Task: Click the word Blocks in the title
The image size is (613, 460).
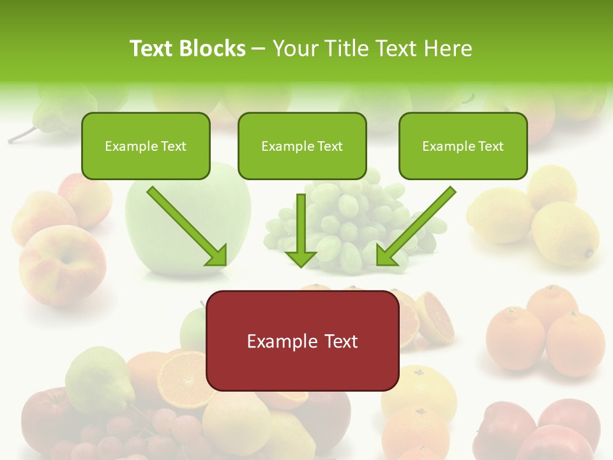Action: click(213, 49)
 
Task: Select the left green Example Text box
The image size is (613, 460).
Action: click(146, 146)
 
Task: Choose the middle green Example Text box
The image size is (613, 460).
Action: click(302, 146)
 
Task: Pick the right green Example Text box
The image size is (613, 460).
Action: click(463, 146)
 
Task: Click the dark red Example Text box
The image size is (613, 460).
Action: click(303, 341)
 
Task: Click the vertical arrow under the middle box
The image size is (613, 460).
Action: click(301, 230)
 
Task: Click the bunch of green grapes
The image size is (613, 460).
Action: click(358, 224)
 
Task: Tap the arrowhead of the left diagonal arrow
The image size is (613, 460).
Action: click(217, 256)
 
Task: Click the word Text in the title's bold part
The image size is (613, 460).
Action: click(151, 49)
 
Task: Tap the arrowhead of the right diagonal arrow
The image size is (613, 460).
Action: click(386, 256)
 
